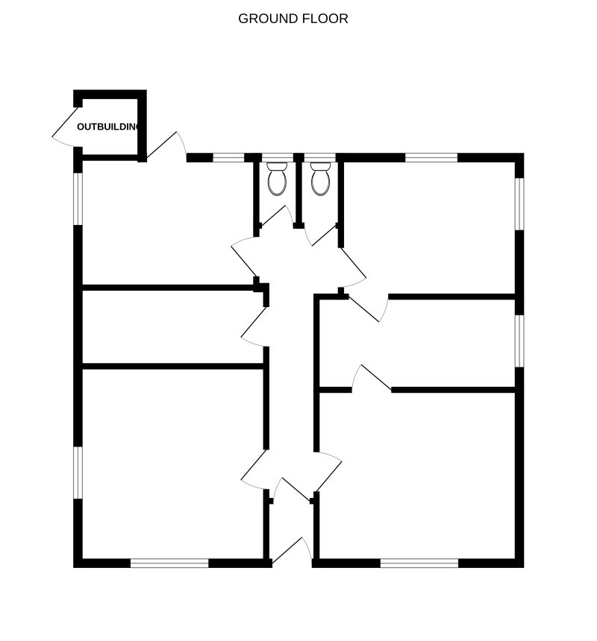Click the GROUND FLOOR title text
pyautogui.click(x=293, y=19)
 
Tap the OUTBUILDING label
pyautogui.click(x=108, y=127)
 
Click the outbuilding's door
pyautogui.click(x=66, y=126)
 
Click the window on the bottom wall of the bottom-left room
pyautogui.click(x=169, y=563)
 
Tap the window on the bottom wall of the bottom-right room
pyautogui.click(x=419, y=563)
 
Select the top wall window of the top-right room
pyautogui.click(x=431, y=158)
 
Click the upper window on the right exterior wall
pyautogui.click(x=519, y=204)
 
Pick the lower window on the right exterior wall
pyautogui.click(x=519, y=341)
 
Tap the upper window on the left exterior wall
pyautogui.click(x=78, y=199)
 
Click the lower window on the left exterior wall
pyautogui.click(x=78, y=473)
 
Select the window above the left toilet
pyautogui.click(x=278, y=158)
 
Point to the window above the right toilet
pyautogui.click(x=320, y=158)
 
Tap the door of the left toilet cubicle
pyautogui.click(x=277, y=216)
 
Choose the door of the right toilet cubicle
pyautogui.click(x=321, y=236)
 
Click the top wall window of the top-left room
pyautogui.click(x=228, y=158)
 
